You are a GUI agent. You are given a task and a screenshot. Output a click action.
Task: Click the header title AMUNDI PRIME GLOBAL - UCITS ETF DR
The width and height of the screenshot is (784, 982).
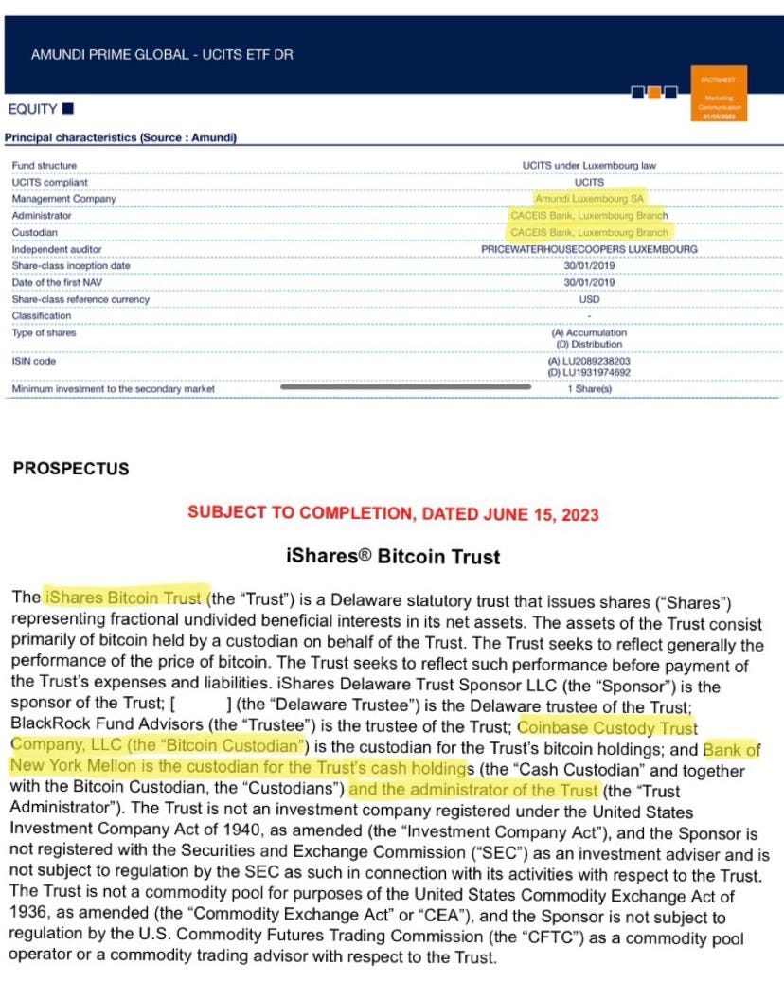pos(162,55)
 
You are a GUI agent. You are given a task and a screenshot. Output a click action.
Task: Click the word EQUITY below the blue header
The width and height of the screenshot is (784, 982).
pos(33,109)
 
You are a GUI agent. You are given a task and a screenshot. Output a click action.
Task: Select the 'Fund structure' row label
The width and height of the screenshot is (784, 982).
pos(45,166)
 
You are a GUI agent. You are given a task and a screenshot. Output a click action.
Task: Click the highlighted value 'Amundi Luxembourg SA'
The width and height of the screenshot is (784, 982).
pos(589,199)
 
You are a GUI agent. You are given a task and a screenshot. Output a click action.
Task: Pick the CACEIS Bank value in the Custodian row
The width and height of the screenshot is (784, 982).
pos(589,232)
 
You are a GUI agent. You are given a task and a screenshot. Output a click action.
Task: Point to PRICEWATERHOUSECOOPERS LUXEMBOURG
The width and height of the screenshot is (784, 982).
pos(589,249)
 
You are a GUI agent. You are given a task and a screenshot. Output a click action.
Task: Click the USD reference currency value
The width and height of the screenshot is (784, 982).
pos(589,299)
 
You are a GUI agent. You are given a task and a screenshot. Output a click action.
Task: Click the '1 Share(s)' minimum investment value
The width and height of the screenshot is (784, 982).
pos(589,389)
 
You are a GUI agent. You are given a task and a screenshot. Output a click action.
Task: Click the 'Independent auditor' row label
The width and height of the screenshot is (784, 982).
pos(58,249)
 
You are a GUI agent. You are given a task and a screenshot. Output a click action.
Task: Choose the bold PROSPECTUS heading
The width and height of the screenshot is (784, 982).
pos(71,469)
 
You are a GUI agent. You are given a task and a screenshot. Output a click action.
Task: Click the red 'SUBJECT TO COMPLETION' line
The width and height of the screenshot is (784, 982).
pos(393,513)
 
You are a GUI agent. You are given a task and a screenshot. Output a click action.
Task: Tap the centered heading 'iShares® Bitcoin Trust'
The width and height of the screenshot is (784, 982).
pos(392,557)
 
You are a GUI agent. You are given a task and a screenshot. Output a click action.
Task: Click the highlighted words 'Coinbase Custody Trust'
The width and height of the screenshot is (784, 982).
pos(607,727)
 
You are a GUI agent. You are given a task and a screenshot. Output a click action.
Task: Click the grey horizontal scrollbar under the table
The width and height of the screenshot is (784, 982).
pos(405,386)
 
